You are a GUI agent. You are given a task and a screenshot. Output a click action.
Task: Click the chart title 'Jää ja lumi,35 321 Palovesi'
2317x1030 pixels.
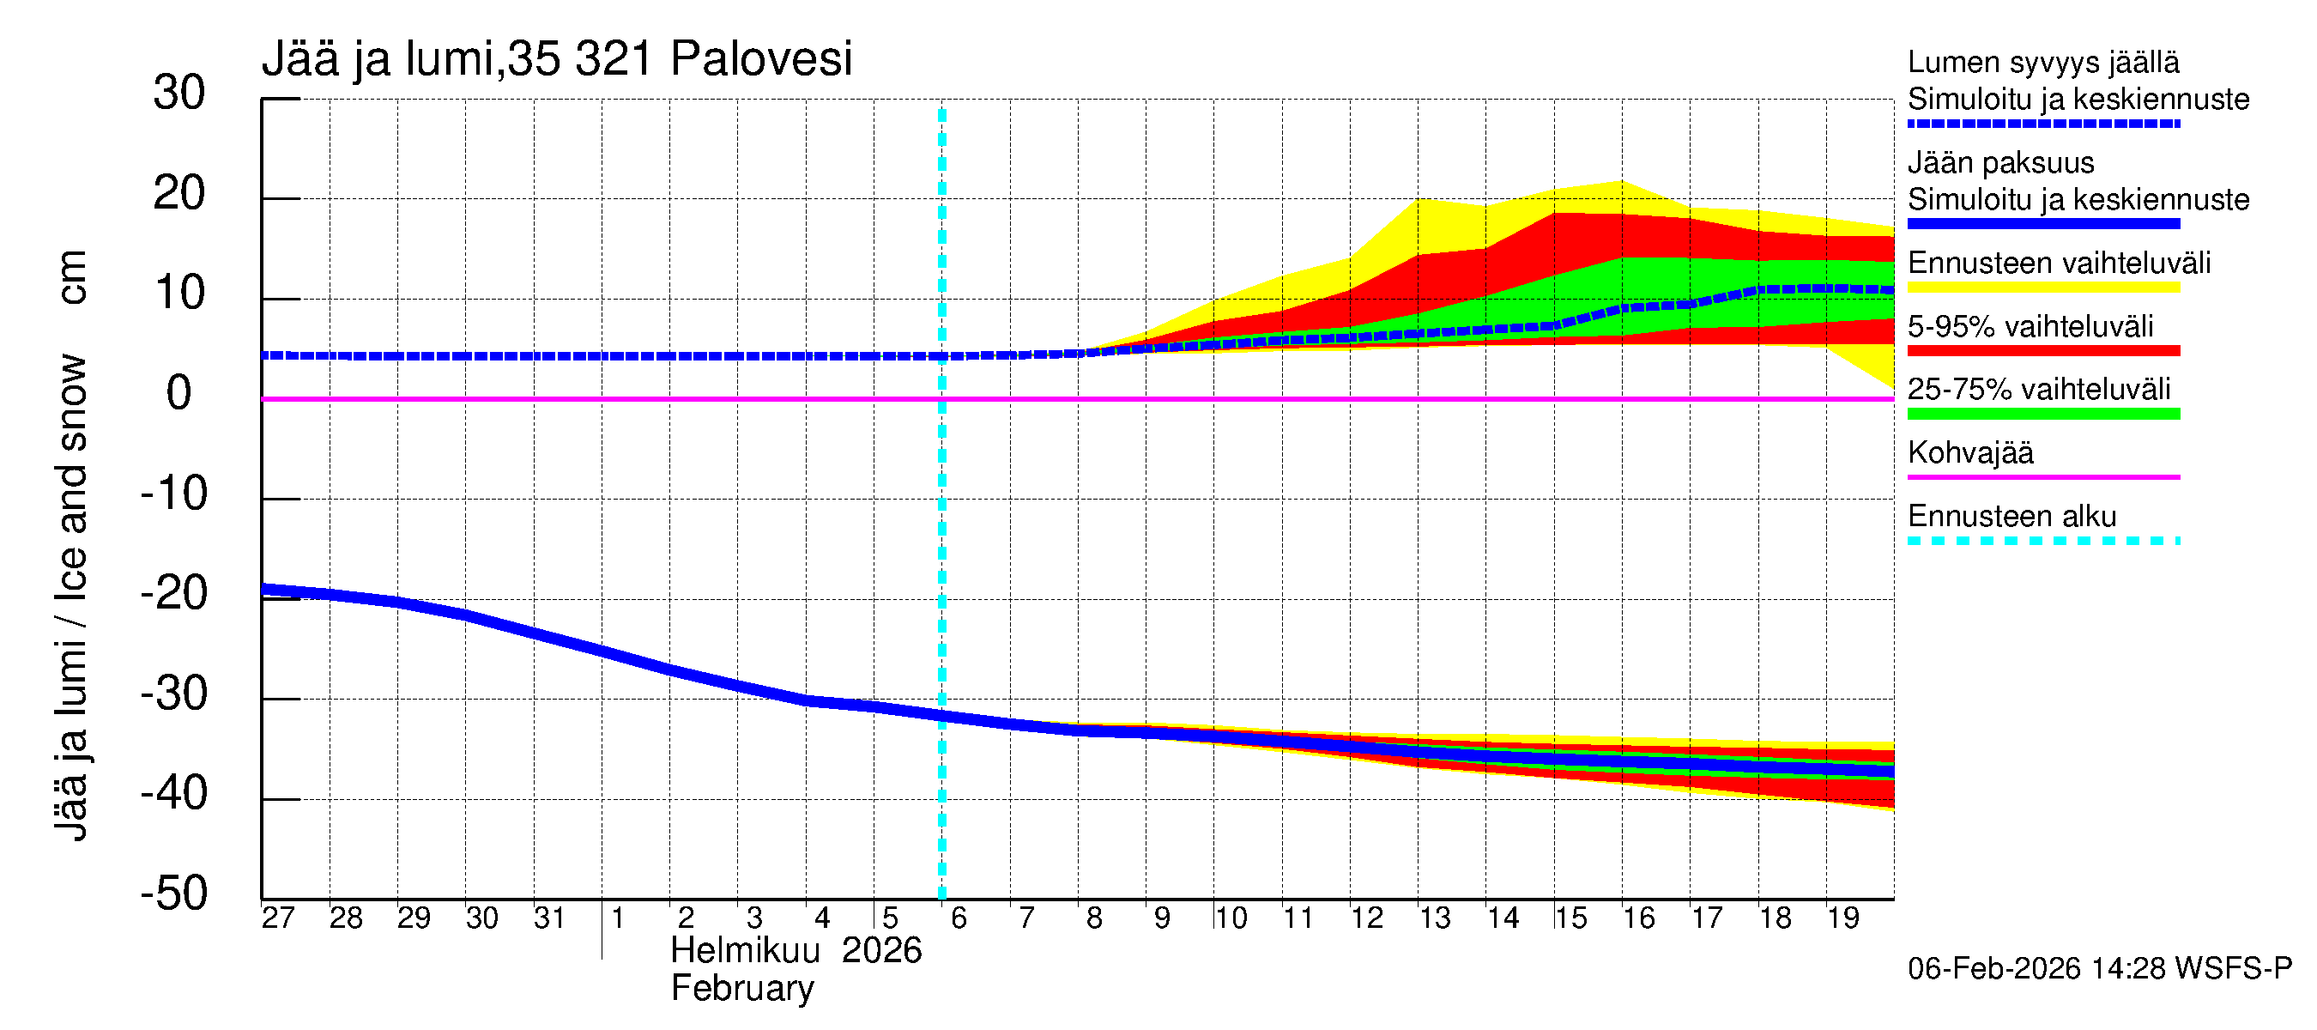click(556, 59)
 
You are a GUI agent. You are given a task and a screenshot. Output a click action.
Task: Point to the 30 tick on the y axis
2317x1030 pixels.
click(179, 94)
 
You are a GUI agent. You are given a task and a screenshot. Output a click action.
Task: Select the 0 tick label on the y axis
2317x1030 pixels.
click(179, 394)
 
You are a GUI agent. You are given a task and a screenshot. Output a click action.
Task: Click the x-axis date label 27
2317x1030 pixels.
click(278, 918)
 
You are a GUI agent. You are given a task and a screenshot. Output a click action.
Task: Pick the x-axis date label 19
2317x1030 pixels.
click(1843, 918)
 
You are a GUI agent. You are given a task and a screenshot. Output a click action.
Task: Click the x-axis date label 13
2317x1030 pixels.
click(1435, 918)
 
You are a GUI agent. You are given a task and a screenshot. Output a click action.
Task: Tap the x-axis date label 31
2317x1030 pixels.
click(549, 918)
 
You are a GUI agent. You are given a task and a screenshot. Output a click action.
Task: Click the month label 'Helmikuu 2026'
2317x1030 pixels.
click(796, 951)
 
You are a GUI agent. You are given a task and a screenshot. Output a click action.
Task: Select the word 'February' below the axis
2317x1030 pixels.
click(742, 989)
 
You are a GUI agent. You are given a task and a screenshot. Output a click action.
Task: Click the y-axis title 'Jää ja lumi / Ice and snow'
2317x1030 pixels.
click(72, 598)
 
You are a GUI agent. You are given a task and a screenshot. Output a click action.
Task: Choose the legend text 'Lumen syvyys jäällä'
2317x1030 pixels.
click(2043, 63)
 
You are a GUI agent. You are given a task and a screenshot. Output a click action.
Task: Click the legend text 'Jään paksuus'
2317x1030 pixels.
click(2000, 163)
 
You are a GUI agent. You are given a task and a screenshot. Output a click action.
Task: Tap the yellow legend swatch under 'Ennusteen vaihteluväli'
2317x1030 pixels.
click(2043, 288)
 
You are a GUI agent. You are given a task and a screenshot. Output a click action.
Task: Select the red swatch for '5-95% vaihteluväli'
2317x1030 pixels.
click(2043, 351)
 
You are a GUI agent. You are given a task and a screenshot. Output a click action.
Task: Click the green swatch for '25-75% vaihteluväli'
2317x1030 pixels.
click(2043, 414)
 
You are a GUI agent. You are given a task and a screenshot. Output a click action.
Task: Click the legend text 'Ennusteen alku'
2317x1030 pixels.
click(2012, 518)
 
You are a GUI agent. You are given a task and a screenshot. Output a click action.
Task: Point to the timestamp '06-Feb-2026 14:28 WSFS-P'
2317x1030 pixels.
click(2099, 969)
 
